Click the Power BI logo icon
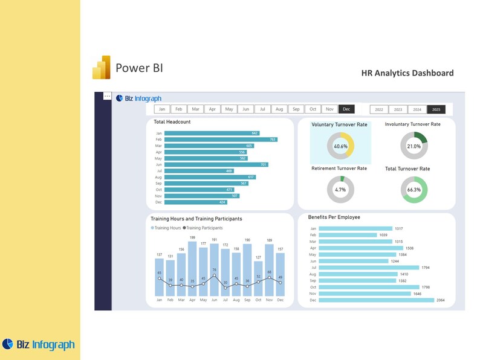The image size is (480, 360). tap(101, 68)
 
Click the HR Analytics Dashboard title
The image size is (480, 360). tap(407, 73)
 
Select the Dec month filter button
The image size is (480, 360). tap(346, 109)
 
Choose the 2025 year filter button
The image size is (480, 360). tap(435, 110)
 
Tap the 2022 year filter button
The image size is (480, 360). tap(379, 110)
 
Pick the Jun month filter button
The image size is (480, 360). tap(245, 109)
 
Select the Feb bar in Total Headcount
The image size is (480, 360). tap(221, 140)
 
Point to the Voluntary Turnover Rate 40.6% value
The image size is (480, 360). tap(340, 146)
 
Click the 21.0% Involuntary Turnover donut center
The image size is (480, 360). tap(414, 146)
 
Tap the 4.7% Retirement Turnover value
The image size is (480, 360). tap(340, 190)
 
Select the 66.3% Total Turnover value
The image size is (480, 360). tap(414, 190)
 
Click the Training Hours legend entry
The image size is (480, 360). tap(167, 228)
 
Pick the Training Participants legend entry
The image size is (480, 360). tap(204, 228)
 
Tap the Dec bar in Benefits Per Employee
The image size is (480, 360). tap(376, 300)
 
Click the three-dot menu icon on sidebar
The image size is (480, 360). tap(107, 96)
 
